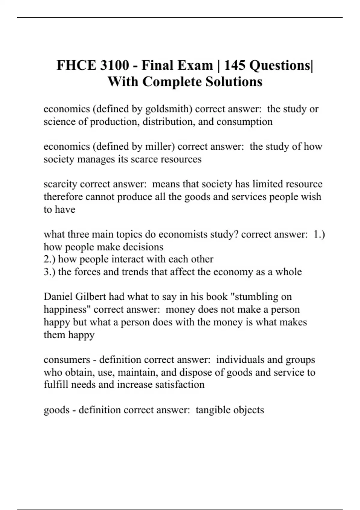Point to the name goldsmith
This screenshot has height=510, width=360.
[x=168, y=109]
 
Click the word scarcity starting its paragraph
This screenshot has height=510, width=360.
[x=60, y=184]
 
